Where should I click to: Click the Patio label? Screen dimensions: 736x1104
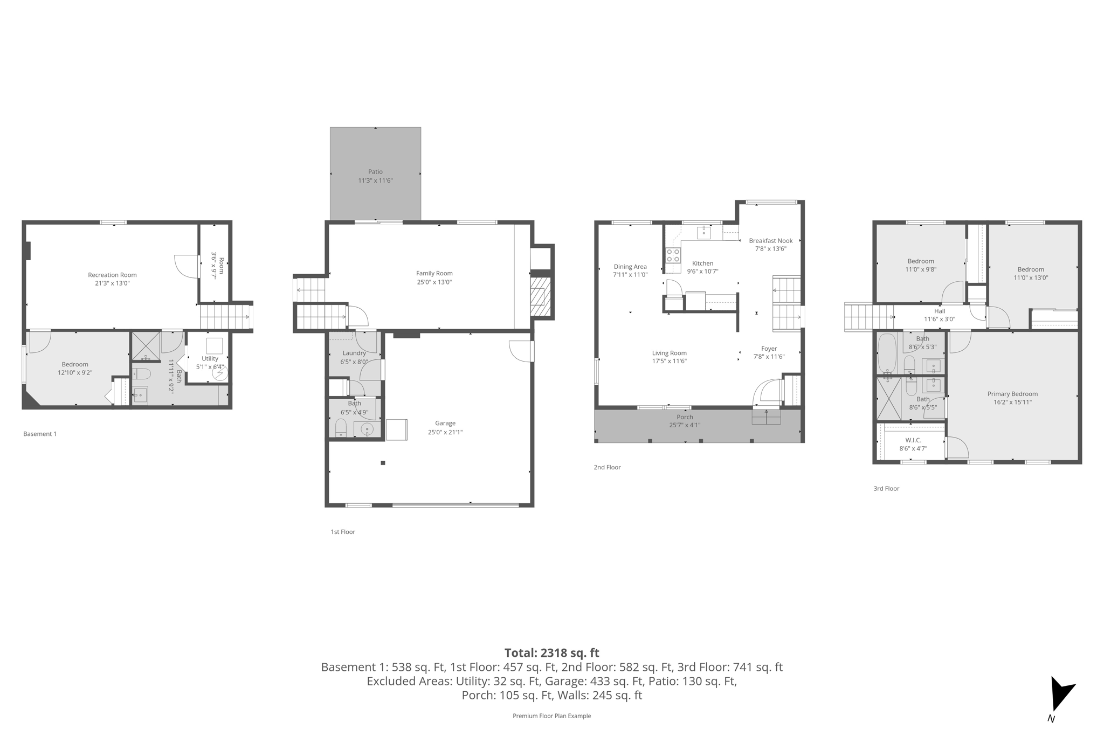point(375,172)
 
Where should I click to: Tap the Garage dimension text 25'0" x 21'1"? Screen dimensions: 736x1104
point(445,432)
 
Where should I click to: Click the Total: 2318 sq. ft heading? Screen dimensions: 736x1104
point(551,653)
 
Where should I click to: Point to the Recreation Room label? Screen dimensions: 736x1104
point(112,275)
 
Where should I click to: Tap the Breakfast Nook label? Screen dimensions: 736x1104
point(770,241)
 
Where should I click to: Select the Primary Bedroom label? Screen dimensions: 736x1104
point(1012,394)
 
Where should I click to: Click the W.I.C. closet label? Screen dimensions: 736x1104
point(913,440)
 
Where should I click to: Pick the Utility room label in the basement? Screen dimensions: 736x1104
point(210,358)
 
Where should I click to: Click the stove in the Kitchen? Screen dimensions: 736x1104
point(673,255)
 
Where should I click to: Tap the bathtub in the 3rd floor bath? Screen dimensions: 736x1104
point(886,353)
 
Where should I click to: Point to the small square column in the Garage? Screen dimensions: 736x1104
point(383,463)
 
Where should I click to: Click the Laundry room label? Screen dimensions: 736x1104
point(354,353)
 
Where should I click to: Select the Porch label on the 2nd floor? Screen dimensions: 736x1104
point(685,417)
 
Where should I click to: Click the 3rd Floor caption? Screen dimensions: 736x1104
point(886,489)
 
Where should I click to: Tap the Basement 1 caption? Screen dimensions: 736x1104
point(40,434)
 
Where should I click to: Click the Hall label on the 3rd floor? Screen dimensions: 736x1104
point(940,311)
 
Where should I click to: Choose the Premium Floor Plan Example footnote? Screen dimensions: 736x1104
point(551,716)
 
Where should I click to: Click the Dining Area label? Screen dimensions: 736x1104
point(630,267)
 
